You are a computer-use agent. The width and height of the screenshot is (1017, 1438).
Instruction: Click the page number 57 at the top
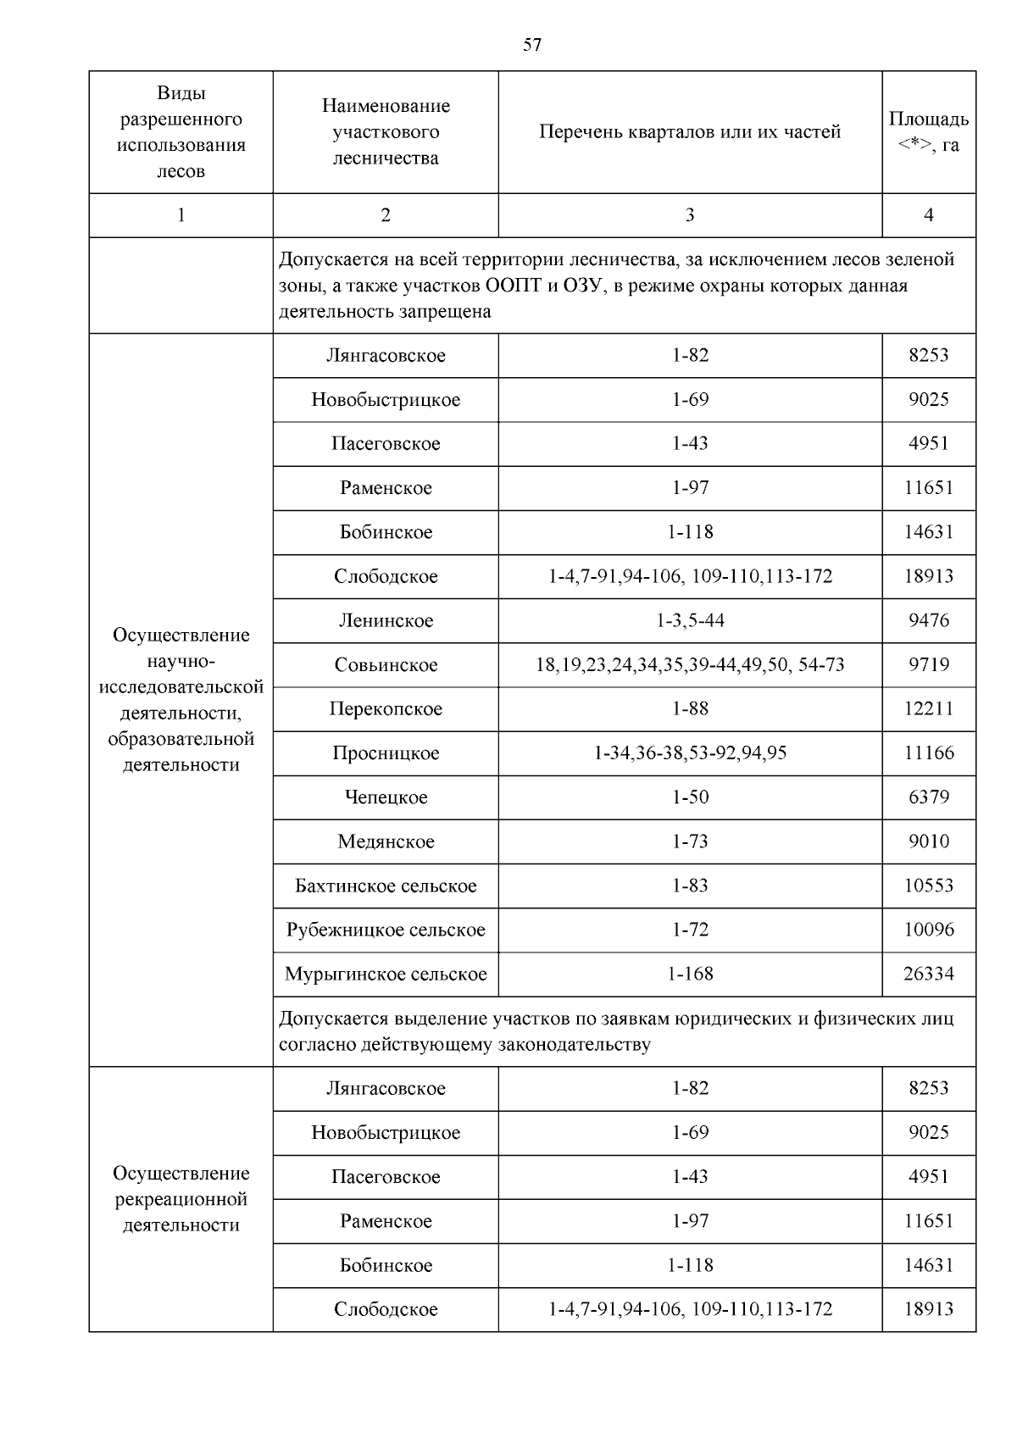pyautogui.click(x=532, y=46)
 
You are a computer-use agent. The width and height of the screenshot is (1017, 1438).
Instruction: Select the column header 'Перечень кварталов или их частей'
pyautogui.click(x=690, y=132)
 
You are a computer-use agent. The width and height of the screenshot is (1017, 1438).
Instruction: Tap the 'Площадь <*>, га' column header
pyautogui.click(x=928, y=132)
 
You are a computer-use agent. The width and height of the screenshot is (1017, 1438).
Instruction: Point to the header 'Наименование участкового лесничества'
pyautogui.click(x=386, y=132)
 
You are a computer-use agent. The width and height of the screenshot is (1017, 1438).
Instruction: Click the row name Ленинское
pyautogui.click(x=386, y=621)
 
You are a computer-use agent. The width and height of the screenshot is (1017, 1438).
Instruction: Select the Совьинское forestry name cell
pyautogui.click(x=386, y=665)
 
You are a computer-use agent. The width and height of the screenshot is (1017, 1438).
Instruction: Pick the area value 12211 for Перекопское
pyautogui.click(x=928, y=709)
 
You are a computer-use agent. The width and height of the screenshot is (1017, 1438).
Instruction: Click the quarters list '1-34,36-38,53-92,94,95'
pyautogui.click(x=690, y=753)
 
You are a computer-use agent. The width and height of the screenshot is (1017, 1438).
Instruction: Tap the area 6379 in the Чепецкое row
pyautogui.click(x=928, y=797)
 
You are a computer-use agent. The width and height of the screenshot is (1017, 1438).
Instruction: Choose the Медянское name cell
pyautogui.click(x=386, y=841)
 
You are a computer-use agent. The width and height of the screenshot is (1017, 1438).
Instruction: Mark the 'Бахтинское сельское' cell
pyautogui.click(x=386, y=886)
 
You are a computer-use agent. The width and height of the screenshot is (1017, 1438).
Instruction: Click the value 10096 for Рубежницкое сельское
pyautogui.click(x=928, y=930)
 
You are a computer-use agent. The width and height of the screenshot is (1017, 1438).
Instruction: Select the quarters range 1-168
pyautogui.click(x=690, y=974)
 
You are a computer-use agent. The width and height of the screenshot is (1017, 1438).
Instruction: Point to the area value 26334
pyautogui.click(x=928, y=974)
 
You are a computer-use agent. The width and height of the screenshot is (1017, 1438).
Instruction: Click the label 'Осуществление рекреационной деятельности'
pyautogui.click(x=181, y=1199)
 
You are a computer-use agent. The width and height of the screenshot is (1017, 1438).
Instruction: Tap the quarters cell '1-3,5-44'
pyautogui.click(x=690, y=621)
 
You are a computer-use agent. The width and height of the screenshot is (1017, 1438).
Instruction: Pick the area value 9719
pyautogui.click(x=928, y=665)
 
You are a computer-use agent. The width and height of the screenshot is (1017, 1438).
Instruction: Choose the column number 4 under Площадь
pyautogui.click(x=928, y=215)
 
